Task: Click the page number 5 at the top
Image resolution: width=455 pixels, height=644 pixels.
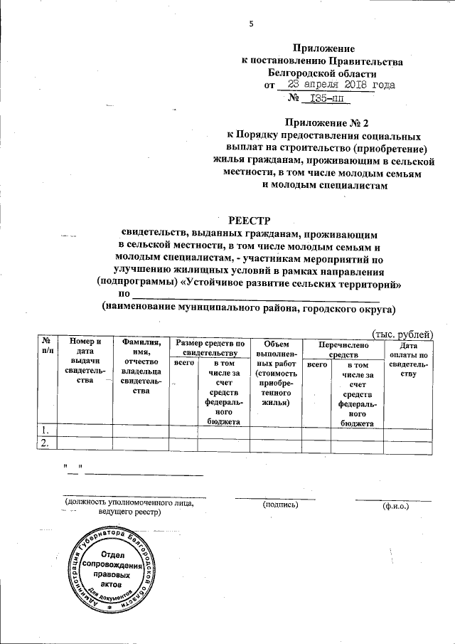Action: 251,25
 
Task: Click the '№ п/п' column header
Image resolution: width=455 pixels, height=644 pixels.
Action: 46,347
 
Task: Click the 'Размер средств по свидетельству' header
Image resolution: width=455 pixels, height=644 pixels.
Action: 209,347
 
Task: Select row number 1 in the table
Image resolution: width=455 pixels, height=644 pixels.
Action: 45,430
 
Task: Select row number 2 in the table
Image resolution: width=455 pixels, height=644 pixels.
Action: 45,443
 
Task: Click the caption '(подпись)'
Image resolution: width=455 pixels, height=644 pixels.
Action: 279,504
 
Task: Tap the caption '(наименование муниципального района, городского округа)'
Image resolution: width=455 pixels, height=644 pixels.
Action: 247,308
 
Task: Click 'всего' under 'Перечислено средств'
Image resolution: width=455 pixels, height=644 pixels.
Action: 316,364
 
